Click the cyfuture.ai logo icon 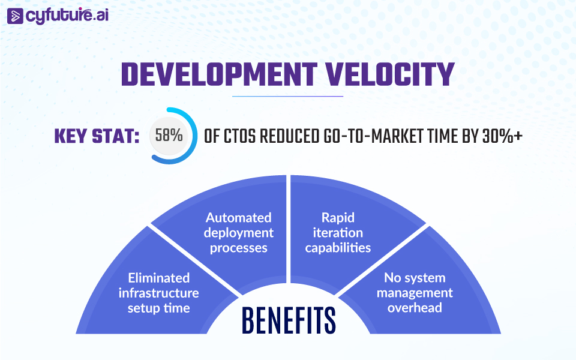pyautogui.click(x=15, y=16)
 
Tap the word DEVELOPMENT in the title pyautogui.click(x=220, y=74)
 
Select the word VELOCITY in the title pyautogui.click(x=390, y=74)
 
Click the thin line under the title pyautogui.click(x=287, y=96)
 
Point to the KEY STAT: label pyautogui.click(x=97, y=137)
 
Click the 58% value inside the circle pyautogui.click(x=169, y=135)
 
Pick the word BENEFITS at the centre pyautogui.click(x=289, y=320)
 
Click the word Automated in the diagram pyautogui.click(x=238, y=217)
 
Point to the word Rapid pyautogui.click(x=338, y=218)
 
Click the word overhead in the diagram pyautogui.click(x=415, y=307)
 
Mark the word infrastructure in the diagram pyautogui.click(x=158, y=293)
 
